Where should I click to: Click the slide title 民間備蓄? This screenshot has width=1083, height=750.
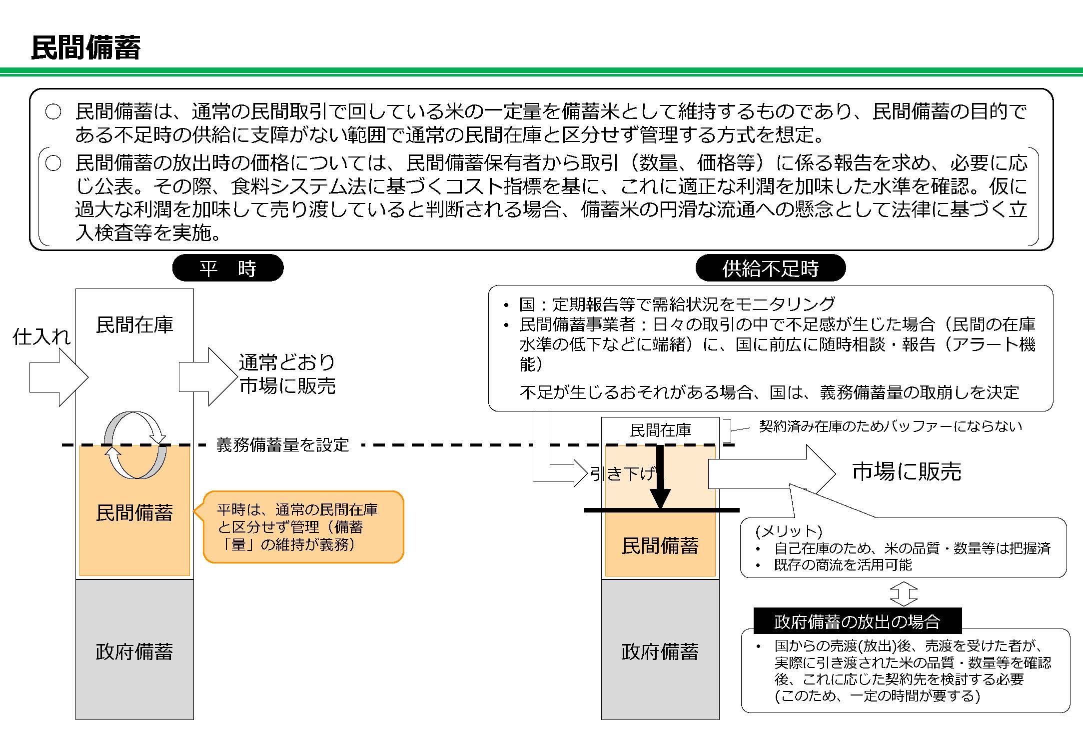tap(85, 48)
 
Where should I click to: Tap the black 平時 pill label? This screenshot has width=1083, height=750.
tap(228, 268)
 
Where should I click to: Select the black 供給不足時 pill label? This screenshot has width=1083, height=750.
tap(770, 268)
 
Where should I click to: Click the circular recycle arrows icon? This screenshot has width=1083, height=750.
tap(135, 445)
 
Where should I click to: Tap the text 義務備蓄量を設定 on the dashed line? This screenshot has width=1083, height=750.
tap(282, 444)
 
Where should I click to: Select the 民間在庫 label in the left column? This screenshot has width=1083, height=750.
tap(134, 325)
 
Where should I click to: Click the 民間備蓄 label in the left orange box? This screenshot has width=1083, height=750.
tap(134, 513)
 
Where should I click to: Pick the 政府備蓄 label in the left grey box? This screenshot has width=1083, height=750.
tap(134, 651)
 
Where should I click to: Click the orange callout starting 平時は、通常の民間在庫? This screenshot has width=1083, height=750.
tap(303, 527)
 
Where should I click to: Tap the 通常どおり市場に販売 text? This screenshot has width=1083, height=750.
tap(287, 374)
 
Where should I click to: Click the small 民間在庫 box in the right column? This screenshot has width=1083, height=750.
tap(660, 430)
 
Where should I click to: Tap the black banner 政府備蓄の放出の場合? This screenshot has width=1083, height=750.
tap(857, 621)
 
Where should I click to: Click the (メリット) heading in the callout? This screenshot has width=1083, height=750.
tap(789, 530)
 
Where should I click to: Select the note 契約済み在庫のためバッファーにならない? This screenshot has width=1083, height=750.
tap(890, 426)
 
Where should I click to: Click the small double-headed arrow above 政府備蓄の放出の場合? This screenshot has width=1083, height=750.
tap(904, 594)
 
